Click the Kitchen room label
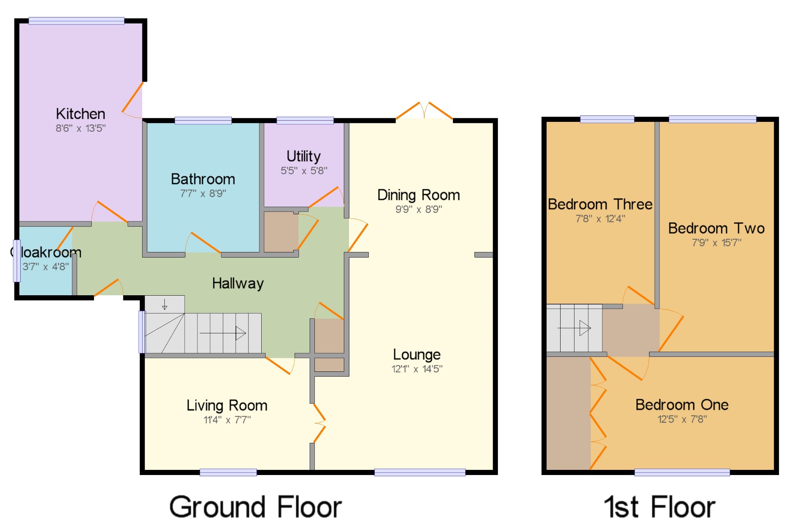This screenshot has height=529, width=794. [x=81, y=114]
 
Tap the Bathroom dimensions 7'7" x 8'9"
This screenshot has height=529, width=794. [x=203, y=193]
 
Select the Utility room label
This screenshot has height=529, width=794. [x=304, y=156]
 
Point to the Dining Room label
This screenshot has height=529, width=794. [x=418, y=195]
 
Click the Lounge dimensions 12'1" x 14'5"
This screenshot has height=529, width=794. [x=417, y=369]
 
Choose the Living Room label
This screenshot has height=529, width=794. [x=227, y=406]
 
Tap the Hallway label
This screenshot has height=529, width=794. [x=238, y=283]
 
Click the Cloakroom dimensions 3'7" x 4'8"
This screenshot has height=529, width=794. [x=46, y=266]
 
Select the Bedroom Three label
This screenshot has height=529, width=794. [x=600, y=204]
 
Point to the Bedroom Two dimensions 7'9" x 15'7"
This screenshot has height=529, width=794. [x=717, y=242]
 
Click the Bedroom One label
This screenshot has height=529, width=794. [x=682, y=405]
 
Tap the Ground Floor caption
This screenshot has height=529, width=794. [x=256, y=507]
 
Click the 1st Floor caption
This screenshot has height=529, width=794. [x=659, y=507]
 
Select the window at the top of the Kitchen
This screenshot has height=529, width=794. [x=76, y=21]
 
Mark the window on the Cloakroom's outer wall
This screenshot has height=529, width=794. [x=17, y=261]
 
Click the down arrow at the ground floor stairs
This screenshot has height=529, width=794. [x=165, y=304]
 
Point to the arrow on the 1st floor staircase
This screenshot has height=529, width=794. [x=574, y=328]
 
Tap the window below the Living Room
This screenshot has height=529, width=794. [x=228, y=472]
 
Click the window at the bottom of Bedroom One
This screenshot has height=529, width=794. [x=682, y=472]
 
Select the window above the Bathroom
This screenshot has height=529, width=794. [x=203, y=121]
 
